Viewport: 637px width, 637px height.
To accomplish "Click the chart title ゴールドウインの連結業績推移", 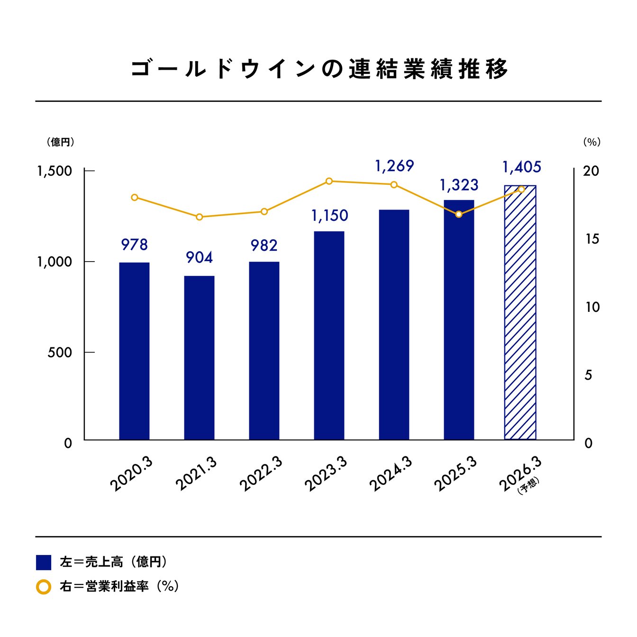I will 318,69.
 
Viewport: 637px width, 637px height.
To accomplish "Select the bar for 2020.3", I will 134,351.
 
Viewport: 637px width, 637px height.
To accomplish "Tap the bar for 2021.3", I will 199,357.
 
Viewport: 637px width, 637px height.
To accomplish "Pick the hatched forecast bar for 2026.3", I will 520,313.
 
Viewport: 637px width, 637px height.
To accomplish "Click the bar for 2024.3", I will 394,325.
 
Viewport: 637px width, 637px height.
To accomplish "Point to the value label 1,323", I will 459,185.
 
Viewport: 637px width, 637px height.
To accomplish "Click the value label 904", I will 199,257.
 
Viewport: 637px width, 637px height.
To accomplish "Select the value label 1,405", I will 521,167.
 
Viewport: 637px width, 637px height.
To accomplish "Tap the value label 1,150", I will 329,216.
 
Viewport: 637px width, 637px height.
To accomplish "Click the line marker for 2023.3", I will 329,181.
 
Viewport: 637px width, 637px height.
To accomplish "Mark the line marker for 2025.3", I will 459,214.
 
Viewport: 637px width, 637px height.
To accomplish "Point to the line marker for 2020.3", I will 135,197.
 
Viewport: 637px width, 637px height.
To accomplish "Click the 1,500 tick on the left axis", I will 55,171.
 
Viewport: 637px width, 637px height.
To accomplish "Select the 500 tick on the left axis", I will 60,353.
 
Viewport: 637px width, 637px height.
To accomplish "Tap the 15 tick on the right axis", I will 592,239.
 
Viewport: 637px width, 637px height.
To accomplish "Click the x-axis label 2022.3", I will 261,474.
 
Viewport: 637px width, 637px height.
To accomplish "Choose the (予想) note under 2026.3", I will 528,486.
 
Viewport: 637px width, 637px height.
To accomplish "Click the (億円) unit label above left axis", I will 60,142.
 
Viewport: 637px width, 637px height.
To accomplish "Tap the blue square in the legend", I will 44,562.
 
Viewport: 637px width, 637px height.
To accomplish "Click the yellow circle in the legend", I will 44,587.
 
